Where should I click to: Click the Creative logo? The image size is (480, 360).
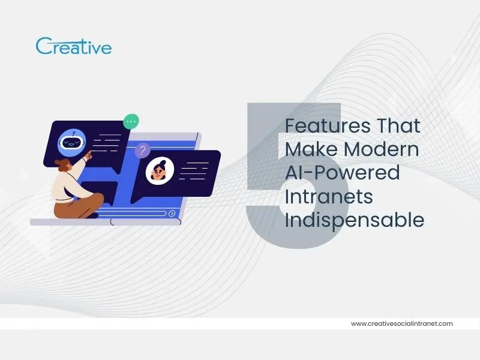point(73,46)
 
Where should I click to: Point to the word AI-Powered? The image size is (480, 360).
point(342,173)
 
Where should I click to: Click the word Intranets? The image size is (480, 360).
point(328,196)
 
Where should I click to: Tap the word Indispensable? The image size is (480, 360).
point(354,220)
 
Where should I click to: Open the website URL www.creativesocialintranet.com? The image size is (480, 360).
point(401,323)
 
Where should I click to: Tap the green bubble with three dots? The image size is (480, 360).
point(131,121)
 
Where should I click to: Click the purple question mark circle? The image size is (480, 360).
point(142,150)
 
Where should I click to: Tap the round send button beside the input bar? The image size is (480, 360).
point(172,213)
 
